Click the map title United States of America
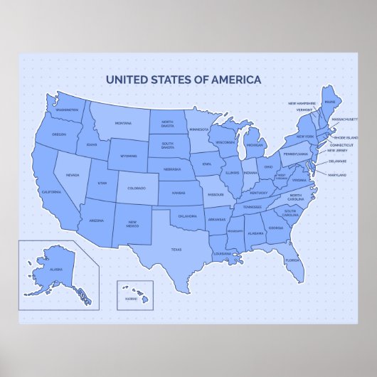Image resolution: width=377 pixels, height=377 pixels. [184, 80]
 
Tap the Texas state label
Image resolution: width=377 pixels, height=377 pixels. [176, 250]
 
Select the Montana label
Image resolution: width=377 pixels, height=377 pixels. [123, 124]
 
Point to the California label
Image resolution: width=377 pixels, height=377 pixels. [51, 193]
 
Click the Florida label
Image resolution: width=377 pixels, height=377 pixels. [292, 260]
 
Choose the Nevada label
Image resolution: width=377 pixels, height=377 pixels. [73, 175]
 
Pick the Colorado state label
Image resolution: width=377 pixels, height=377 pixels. [136, 188]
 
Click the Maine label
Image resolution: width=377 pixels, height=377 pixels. [330, 102]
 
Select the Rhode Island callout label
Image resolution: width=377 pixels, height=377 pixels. [345, 137]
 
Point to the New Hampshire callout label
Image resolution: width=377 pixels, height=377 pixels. [302, 103]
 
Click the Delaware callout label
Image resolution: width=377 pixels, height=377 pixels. [337, 161]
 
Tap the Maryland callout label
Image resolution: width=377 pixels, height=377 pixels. [338, 174]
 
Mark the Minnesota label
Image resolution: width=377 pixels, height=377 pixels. [199, 129]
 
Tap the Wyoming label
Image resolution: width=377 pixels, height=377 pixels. [129, 156]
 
